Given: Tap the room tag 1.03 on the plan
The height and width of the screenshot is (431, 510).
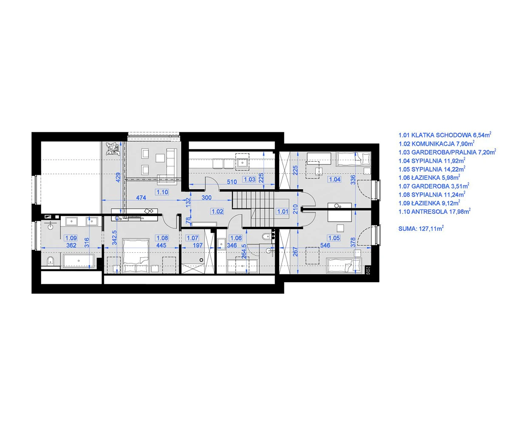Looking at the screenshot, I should [x=249, y=180].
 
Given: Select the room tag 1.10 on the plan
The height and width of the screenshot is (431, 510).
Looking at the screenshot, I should [x=162, y=192].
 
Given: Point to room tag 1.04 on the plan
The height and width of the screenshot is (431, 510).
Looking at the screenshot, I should [x=334, y=180].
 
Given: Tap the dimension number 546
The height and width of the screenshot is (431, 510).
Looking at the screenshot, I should [x=325, y=245].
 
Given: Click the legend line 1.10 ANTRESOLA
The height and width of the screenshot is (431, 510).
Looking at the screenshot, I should [x=434, y=211].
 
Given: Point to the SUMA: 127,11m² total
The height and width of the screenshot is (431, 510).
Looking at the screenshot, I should [x=421, y=228].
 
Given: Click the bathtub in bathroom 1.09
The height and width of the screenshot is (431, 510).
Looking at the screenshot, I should [x=79, y=261].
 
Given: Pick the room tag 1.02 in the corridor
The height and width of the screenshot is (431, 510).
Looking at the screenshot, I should [x=217, y=211].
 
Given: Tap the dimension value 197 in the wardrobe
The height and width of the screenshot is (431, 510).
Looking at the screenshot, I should [x=198, y=245].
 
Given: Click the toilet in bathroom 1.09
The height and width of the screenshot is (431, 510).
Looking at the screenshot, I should [x=50, y=260].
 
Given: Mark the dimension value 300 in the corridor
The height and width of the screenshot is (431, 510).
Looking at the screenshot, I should [x=207, y=198].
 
